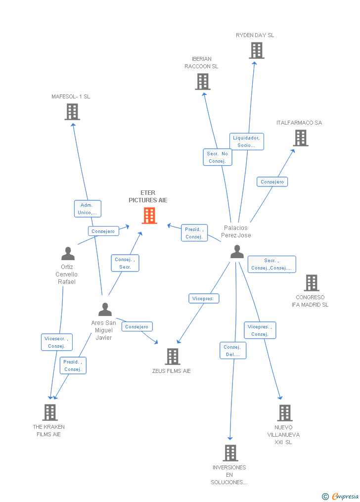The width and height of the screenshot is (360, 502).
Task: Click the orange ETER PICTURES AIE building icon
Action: tap(149, 216)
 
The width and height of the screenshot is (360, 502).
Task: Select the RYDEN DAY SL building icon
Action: tap(256, 50)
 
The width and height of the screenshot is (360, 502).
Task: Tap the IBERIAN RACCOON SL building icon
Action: tap(202, 82)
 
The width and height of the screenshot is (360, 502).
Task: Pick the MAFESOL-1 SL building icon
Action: tap(72, 112)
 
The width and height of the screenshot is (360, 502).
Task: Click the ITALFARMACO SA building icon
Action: tap(301, 138)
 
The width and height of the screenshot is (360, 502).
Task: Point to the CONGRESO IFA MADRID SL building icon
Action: tap(311, 283)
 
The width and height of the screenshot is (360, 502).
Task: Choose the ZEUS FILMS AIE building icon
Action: tap(172, 356)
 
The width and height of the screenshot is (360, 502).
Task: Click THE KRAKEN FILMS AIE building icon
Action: tap(49, 412)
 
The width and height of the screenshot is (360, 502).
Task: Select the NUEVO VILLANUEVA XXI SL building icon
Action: tap(284, 412)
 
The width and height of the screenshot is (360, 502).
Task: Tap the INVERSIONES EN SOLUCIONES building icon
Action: tap(230, 453)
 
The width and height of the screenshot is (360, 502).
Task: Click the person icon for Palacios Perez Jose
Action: tap(237, 252)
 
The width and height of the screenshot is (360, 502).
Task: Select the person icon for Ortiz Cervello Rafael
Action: tap(68, 254)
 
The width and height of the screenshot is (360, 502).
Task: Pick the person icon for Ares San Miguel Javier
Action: tap(105, 310)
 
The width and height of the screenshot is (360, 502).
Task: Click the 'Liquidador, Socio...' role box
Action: tap(246, 141)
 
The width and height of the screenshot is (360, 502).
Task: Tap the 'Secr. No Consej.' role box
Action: tap(217, 157)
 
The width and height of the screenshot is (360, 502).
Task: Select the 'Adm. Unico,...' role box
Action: tap(88, 209)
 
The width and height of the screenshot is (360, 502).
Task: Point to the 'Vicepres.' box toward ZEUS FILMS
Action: tap(203, 299)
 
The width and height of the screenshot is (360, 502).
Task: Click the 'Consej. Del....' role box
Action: tap(232, 351)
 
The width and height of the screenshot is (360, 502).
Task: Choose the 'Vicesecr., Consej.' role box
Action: tap(56, 342)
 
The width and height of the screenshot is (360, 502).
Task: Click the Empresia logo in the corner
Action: tap(341, 496)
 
